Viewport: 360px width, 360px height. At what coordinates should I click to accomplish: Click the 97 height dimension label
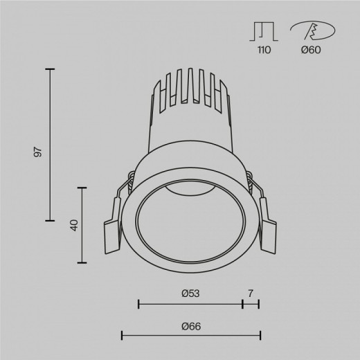click(x=39, y=152)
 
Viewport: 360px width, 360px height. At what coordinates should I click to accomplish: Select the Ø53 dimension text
click(x=190, y=294)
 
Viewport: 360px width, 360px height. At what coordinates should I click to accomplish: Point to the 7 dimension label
click(x=251, y=294)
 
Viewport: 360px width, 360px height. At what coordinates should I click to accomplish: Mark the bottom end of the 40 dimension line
click(x=84, y=262)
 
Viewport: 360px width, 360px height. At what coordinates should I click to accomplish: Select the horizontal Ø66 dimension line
click(x=190, y=336)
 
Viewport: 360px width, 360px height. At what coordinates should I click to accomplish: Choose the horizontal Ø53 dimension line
click(x=190, y=303)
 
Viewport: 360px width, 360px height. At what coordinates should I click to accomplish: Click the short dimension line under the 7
click(x=251, y=303)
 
